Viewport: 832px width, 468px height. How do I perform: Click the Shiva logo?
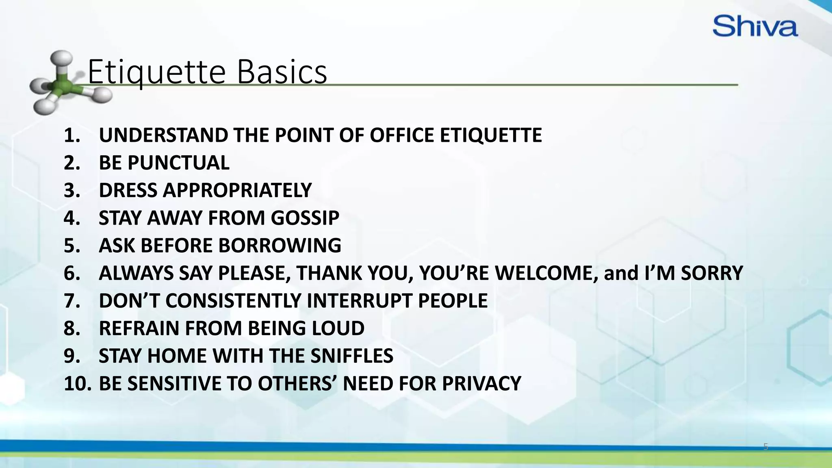pyautogui.click(x=755, y=26)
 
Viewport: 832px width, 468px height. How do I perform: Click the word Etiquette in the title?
pyautogui.click(x=156, y=72)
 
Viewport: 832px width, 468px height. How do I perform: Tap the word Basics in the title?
pyautogui.click(x=282, y=72)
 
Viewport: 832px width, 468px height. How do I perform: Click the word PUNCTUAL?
pyautogui.click(x=178, y=163)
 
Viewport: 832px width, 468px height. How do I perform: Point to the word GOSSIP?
pyautogui.click(x=305, y=218)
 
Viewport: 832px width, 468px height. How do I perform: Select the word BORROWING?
pyautogui.click(x=279, y=246)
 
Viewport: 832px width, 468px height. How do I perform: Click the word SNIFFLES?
pyautogui.click(x=352, y=356)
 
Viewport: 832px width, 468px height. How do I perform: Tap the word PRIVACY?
pyautogui.click(x=481, y=383)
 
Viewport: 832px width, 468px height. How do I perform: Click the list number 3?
pyautogui.click(x=71, y=191)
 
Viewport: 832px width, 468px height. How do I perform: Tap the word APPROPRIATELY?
pyautogui.click(x=237, y=191)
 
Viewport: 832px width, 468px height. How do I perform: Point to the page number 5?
pyautogui.click(x=765, y=447)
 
